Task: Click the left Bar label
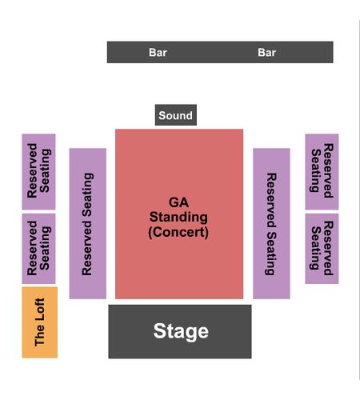coord(158,53)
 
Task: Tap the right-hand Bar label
coord(266,53)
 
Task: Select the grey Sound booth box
coord(176,115)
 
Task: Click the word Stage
coord(181,331)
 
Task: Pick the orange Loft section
coord(40,322)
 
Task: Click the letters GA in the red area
coord(178,202)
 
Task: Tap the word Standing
coord(178,218)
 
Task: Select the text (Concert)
coord(178,232)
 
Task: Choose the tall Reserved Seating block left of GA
coord(88,223)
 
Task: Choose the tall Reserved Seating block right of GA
coord(271,223)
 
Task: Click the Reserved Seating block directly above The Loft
coord(38,249)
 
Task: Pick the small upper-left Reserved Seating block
coord(38,171)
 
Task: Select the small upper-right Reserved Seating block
coord(322,171)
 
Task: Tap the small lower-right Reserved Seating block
coord(322,249)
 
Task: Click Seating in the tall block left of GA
coord(88,194)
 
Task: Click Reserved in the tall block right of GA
coord(271,200)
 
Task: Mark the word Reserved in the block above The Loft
coord(32,248)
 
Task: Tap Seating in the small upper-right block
coord(316,170)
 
